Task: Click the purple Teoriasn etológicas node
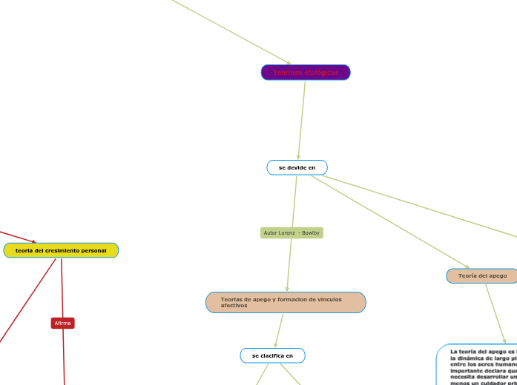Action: [306, 73]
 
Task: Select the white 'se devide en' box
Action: [297, 168]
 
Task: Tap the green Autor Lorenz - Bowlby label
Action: [292, 233]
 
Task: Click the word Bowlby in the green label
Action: [311, 233]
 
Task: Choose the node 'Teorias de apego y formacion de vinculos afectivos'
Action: [286, 302]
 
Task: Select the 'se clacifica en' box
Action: [272, 356]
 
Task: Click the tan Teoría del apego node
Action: [482, 276]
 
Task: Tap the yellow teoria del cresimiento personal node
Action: [61, 251]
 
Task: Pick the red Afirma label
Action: [62, 324]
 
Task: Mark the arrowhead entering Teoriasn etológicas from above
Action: [289, 64]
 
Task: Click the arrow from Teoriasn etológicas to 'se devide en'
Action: [302, 118]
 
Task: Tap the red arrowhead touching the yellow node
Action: [33, 241]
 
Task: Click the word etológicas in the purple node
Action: [320, 73]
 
